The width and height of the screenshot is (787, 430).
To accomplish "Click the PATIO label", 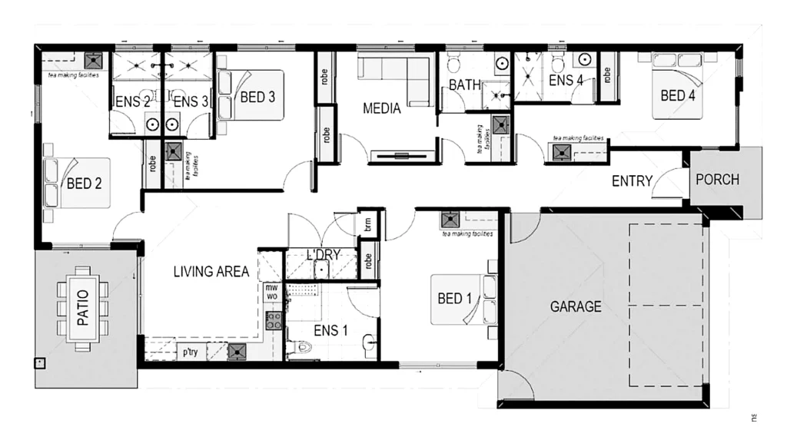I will click(x=83, y=306).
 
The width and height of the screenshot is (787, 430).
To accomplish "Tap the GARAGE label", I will click(x=576, y=307).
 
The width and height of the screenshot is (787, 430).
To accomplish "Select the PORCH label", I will click(x=717, y=180).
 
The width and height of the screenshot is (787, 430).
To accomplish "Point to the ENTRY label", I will click(x=632, y=182).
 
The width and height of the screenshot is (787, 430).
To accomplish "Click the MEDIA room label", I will click(x=382, y=109).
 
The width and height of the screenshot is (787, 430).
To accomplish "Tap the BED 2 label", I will click(x=85, y=184).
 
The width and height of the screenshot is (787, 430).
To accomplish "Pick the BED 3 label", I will click(x=257, y=97).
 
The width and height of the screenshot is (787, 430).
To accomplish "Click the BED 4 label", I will click(x=678, y=96).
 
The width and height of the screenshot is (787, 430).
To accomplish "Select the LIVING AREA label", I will click(x=211, y=271).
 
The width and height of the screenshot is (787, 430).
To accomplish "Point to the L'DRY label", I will click(x=324, y=255).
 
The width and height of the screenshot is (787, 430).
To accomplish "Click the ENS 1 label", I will click(x=331, y=332).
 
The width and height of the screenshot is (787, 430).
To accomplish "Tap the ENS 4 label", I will click(x=566, y=80).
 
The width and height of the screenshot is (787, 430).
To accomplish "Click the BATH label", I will click(x=464, y=84).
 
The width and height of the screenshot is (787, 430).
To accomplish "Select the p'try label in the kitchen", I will click(x=191, y=353).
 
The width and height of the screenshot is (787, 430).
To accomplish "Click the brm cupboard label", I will click(x=369, y=225).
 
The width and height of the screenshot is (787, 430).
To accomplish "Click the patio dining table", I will click(x=83, y=307).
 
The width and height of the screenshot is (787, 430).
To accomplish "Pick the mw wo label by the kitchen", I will click(x=271, y=291).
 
